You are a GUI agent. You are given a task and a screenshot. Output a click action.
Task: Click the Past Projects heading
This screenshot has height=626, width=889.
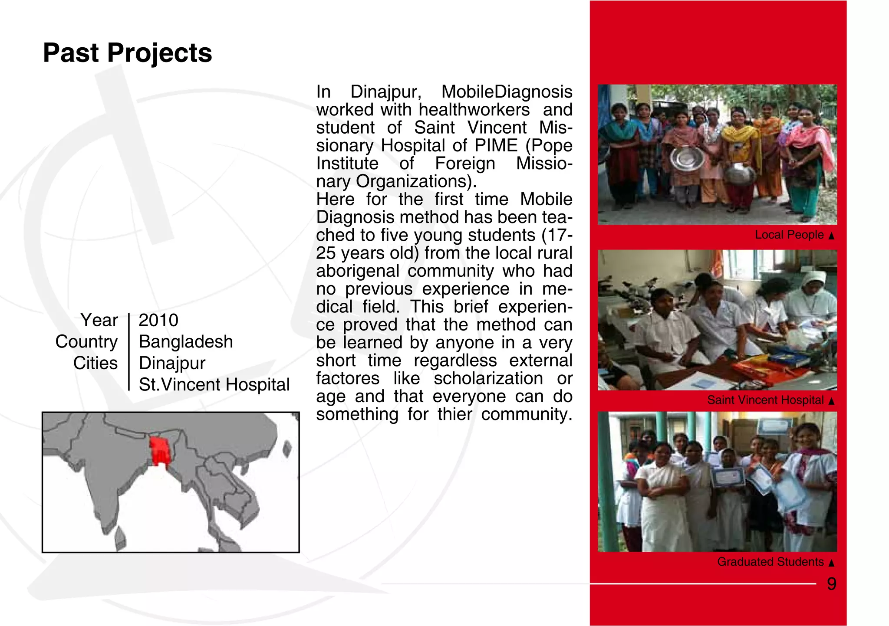(x=127, y=53)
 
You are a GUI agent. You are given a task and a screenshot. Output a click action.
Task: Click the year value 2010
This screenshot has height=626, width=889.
(x=158, y=321)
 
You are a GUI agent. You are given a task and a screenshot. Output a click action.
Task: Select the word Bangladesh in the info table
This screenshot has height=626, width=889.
(x=186, y=342)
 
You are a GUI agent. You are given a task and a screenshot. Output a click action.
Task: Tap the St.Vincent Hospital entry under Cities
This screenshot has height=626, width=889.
(x=214, y=385)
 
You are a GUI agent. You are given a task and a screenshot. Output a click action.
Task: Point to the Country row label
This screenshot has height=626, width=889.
(x=86, y=342)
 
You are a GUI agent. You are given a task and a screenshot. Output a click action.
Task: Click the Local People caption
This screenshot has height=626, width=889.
(x=789, y=235)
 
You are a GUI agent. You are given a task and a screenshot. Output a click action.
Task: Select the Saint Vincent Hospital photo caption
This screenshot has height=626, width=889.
(x=765, y=400)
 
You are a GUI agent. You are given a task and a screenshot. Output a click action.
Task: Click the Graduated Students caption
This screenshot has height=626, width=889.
(x=770, y=562)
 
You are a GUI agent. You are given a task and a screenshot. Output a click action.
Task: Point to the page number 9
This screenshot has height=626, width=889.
(x=831, y=584)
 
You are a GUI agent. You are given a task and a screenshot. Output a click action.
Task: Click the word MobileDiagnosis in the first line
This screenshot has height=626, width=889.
(x=507, y=92)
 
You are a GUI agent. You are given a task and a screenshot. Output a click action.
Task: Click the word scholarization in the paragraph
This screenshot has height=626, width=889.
(x=488, y=379)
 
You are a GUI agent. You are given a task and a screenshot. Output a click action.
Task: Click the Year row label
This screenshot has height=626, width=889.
(x=99, y=321)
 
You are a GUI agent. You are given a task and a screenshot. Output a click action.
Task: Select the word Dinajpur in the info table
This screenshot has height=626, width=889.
(x=172, y=364)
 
